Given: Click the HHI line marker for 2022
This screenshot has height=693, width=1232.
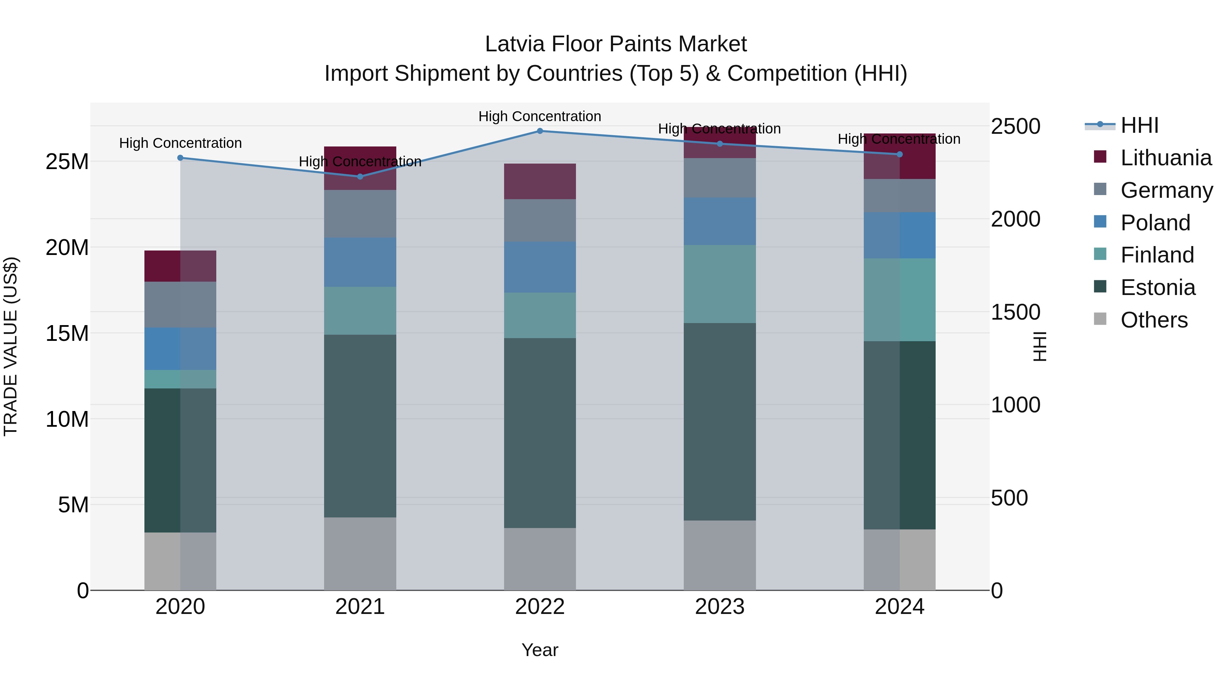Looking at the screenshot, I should click(x=540, y=131).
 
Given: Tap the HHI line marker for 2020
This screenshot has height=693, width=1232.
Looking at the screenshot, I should click(x=180, y=158).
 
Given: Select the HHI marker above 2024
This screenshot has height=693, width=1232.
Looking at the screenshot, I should click(x=900, y=154).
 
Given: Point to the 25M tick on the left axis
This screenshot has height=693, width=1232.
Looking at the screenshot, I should click(x=67, y=162).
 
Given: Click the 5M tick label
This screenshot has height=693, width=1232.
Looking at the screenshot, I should click(x=73, y=504).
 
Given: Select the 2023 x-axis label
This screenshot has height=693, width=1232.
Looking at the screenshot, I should click(x=720, y=606).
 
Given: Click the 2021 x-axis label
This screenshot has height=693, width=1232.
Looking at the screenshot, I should click(x=360, y=606).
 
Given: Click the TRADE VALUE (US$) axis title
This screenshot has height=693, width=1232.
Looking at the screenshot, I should click(x=11, y=346).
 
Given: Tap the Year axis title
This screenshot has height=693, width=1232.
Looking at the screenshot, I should click(x=540, y=650).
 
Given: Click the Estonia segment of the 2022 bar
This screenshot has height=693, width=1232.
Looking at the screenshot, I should click(x=540, y=433).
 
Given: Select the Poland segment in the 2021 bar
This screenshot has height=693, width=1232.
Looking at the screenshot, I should click(x=360, y=262).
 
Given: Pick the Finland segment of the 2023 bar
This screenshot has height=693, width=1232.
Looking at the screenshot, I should click(x=720, y=284).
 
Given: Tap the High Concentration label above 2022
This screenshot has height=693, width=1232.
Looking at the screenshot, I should click(x=540, y=116).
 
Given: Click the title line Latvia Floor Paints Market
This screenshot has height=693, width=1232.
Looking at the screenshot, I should click(x=616, y=44).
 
